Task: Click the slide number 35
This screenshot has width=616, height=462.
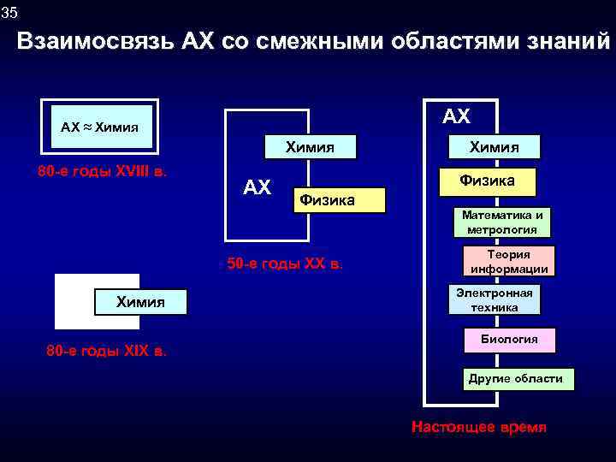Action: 9,12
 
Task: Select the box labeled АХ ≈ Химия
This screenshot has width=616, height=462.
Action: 101,127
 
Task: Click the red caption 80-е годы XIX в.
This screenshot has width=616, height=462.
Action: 107,351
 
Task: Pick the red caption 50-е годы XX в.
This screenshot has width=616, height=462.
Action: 285,263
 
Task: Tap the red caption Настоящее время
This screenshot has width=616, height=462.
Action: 478,427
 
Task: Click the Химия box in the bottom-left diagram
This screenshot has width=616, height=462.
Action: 140,301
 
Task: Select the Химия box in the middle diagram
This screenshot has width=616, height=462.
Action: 310,147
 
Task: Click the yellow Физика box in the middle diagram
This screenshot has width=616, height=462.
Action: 338,200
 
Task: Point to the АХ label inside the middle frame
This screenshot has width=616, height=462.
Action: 257,187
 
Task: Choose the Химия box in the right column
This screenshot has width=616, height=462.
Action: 495,147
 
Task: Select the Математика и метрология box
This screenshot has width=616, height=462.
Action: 502,222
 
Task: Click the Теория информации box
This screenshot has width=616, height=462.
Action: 509,261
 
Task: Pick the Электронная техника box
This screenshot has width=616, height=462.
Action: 494,300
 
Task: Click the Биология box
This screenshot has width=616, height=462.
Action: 509,340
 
